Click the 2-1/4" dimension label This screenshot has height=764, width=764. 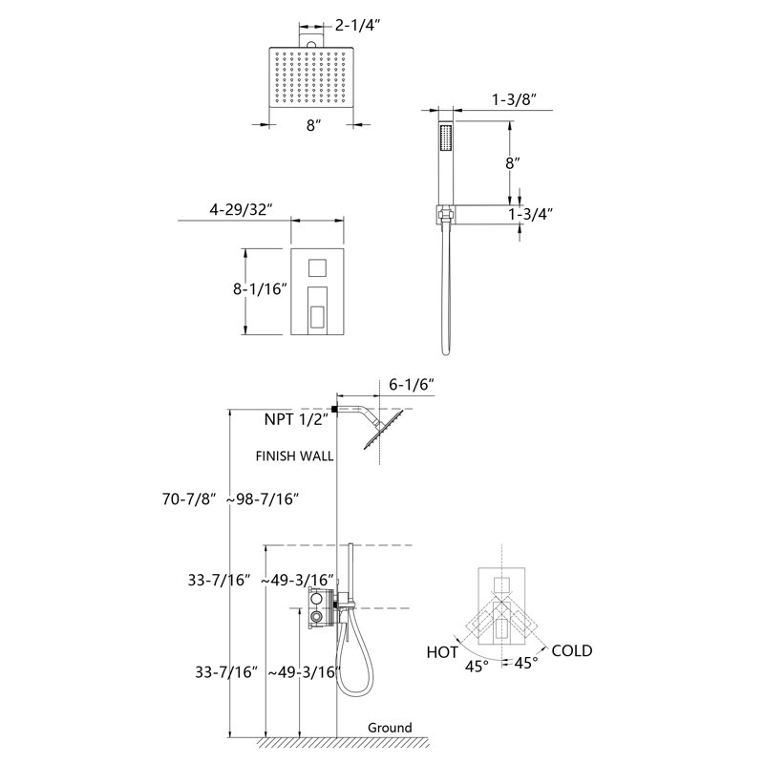[x=357, y=25]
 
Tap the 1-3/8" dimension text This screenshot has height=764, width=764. [x=514, y=99]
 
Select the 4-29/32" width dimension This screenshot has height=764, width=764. [x=241, y=209]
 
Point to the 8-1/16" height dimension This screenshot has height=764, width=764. [x=260, y=289]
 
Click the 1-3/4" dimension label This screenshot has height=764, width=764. [x=531, y=214]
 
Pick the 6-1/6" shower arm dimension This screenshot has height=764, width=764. [x=412, y=385]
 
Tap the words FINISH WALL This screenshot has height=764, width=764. [x=295, y=456]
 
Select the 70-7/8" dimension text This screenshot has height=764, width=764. [x=189, y=499]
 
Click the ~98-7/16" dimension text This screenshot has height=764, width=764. [x=262, y=499]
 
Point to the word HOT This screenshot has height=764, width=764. [x=442, y=652]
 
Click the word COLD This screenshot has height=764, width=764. [x=572, y=650]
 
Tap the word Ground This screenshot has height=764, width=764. [x=390, y=728]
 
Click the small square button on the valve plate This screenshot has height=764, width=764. [x=318, y=267]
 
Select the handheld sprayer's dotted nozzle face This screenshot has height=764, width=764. [x=446, y=138]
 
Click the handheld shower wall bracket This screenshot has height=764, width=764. [x=445, y=213]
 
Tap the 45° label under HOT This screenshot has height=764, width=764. [x=477, y=666]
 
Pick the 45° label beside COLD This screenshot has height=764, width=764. [x=526, y=663]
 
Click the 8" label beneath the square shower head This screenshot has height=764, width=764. [x=314, y=125]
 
